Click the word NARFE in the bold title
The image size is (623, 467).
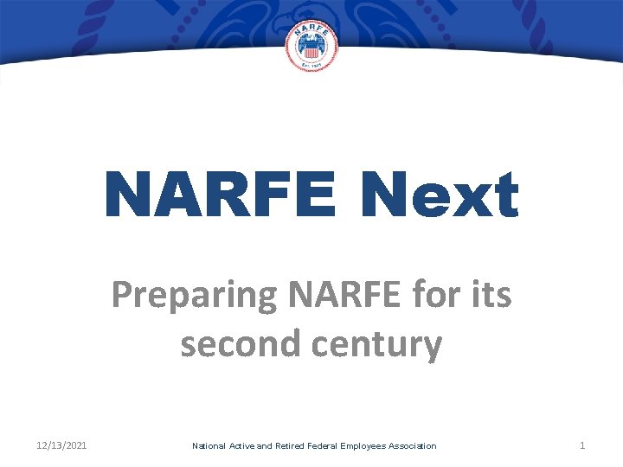pyautogui.click(x=220, y=195)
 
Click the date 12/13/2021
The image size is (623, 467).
pyautogui.click(x=62, y=445)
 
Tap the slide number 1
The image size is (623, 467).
pyautogui.click(x=582, y=445)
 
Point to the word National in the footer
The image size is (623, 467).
pyautogui.click(x=209, y=446)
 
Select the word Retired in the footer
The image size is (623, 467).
pyautogui.click(x=292, y=446)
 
